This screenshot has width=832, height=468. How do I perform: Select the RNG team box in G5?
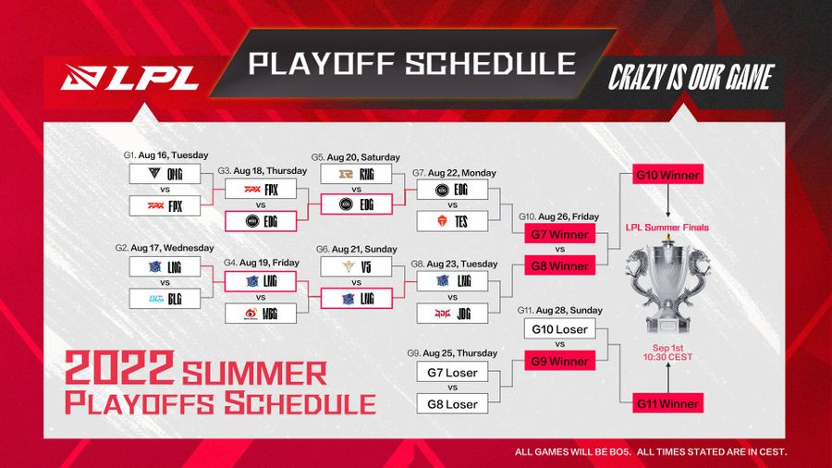356,174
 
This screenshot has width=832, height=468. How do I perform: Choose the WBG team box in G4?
260,313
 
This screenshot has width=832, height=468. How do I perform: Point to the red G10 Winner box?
667,176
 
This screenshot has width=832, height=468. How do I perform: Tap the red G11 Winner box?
667,402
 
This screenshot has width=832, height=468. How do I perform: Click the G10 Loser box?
559,329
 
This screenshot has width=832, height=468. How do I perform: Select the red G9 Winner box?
559,361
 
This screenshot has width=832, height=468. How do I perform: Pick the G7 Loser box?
453,372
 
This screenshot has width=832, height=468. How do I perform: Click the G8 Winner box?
559,265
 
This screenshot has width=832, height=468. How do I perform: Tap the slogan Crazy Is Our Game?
689,78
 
